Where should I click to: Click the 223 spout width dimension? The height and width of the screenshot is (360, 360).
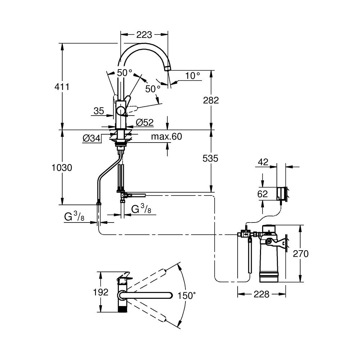click(144, 35)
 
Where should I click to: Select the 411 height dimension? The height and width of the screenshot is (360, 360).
click(62, 87)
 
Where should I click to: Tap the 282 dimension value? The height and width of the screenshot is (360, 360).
click(211, 100)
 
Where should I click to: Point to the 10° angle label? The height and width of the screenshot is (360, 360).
click(193, 75)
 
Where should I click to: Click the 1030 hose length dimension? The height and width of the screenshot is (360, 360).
click(62, 168)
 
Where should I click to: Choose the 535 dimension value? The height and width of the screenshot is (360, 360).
click(210, 158)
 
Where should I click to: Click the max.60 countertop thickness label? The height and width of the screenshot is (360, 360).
click(166, 136)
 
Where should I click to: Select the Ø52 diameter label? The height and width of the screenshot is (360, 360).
click(144, 122)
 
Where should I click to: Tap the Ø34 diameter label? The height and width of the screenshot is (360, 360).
click(91, 138)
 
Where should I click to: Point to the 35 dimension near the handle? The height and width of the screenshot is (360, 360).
click(99, 111)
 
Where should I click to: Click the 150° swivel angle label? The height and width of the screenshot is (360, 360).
click(186, 296)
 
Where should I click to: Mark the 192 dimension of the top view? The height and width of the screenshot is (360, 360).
click(100, 292)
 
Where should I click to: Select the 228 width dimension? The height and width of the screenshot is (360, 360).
click(261, 294)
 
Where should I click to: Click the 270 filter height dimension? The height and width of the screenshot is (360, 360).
click(301, 254)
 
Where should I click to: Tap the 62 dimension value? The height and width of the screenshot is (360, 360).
click(262, 194)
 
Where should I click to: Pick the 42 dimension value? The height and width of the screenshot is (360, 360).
click(263, 162)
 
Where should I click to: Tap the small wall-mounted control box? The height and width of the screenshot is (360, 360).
click(281, 194)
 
